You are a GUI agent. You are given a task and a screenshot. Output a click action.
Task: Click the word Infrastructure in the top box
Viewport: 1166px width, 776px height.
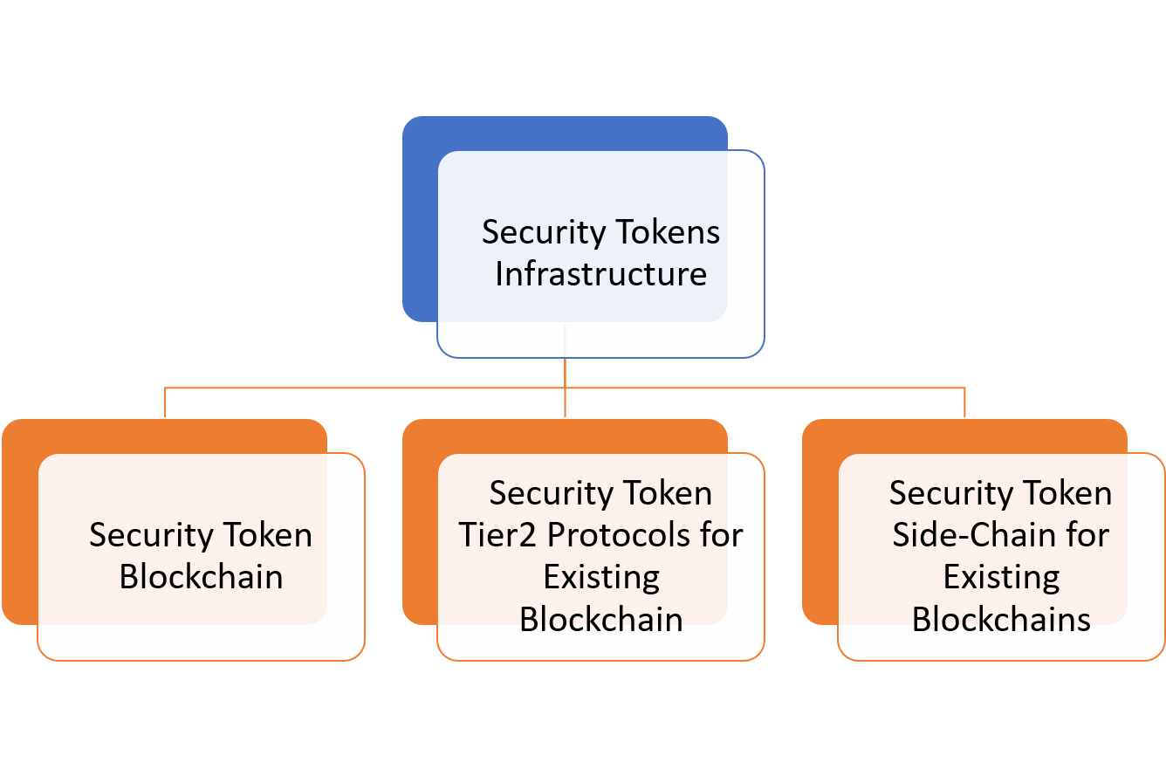(x=600, y=274)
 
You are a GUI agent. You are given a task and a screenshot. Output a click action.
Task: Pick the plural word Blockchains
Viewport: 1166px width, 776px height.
(x=1001, y=619)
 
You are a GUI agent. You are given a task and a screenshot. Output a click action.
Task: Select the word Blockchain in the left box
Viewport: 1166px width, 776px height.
(x=201, y=577)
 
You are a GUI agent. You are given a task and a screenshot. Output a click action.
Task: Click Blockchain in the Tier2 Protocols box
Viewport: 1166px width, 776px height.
(x=600, y=619)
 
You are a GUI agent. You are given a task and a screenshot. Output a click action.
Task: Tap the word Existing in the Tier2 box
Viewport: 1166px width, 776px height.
(x=600, y=577)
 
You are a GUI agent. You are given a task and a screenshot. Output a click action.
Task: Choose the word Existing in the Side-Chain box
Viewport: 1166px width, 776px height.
(x=1001, y=577)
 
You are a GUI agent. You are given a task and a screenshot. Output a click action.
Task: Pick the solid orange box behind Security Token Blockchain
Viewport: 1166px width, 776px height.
(x=19, y=524)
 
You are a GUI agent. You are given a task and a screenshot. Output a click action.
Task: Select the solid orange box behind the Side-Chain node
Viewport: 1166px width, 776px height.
(x=819, y=524)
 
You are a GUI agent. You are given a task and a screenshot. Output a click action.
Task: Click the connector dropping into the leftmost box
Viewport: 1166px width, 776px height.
(x=165, y=402)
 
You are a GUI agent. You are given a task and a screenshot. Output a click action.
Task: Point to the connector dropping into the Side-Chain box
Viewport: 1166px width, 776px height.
(x=964, y=402)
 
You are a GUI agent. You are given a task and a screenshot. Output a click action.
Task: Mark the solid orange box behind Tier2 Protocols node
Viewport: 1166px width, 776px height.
(x=419, y=524)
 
